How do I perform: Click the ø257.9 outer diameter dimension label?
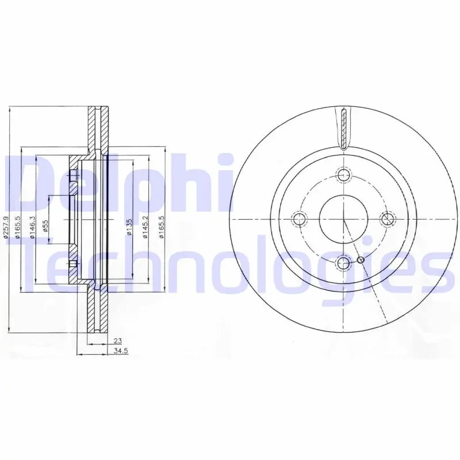coord(6,227)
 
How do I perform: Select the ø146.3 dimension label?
coord(33,227)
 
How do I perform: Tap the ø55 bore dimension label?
coord(45,226)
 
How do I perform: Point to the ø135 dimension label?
coord(129,227)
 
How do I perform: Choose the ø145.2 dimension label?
coord(145,227)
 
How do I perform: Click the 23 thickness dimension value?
coord(118,341)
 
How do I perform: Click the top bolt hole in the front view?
coord(343,175)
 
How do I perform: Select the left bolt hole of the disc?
coord(299,219)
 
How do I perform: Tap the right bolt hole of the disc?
coord(388,219)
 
